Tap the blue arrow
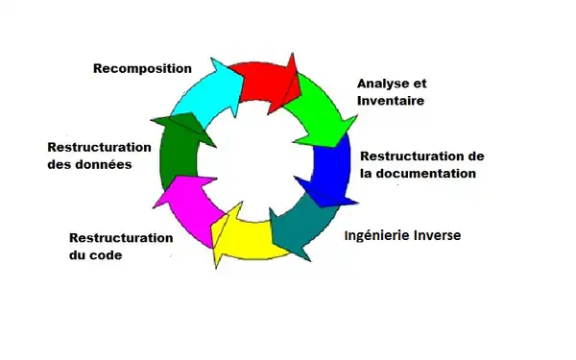click(x=332, y=168)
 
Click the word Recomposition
click(x=141, y=68)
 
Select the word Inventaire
click(x=391, y=100)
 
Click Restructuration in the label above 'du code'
click(x=121, y=238)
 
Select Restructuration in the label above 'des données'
click(x=99, y=147)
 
